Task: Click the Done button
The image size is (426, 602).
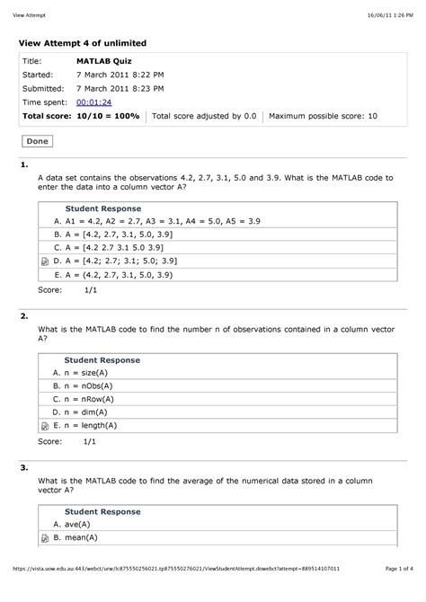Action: tap(38, 141)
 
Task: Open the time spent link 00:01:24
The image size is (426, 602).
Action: tap(94, 103)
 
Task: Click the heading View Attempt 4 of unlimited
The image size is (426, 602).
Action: tap(84, 43)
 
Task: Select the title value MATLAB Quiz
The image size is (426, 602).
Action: tap(104, 61)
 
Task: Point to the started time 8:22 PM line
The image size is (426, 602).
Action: tap(120, 75)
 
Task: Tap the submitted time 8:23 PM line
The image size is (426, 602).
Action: tap(120, 89)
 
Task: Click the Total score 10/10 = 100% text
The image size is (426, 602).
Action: tap(81, 117)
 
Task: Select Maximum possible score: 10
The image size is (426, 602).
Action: tap(324, 117)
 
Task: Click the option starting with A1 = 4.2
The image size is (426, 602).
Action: tap(156, 219)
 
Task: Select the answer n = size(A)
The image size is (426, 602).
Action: tap(85, 372)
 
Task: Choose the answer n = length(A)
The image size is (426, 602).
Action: tap(91, 426)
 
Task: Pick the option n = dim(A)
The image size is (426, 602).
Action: tap(84, 412)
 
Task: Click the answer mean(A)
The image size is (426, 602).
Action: tap(81, 537)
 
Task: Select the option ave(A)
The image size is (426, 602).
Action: tap(75, 524)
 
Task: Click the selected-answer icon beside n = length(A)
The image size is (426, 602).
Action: tap(44, 426)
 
